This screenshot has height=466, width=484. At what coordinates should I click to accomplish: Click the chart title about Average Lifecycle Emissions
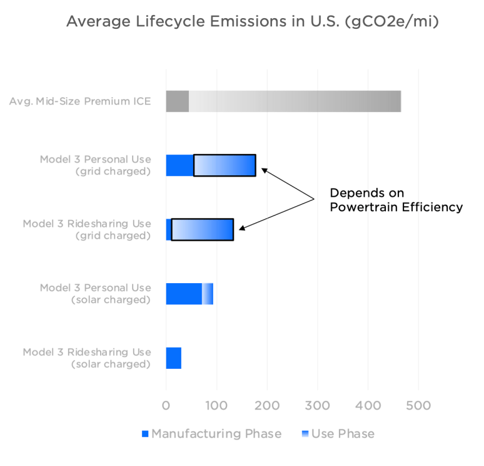(x=252, y=21)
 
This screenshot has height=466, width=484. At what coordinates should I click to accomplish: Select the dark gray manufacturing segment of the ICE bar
(x=177, y=101)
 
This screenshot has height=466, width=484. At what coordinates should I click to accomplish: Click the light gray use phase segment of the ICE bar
(x=295, y=101)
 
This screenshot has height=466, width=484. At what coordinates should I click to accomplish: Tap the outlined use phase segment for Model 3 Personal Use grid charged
(x=224, y=165)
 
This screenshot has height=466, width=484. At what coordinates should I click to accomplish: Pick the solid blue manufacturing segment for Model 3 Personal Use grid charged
(x=179, y=165)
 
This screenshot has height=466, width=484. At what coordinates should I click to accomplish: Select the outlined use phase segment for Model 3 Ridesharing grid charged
(x=202, y=230)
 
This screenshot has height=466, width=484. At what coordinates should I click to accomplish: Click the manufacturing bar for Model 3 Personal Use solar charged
(x=184, y=294)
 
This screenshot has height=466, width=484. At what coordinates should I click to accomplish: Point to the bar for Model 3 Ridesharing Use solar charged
(x=173, y=358)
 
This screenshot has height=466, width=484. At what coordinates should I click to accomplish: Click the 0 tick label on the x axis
(x=166, y=405)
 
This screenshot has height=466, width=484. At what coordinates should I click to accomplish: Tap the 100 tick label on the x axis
(x=216, y=405)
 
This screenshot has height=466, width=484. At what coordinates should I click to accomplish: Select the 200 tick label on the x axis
(x=267, y=405)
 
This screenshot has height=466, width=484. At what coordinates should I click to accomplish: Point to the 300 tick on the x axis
(x=318, y=405)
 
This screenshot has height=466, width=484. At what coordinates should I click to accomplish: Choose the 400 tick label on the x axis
(x=368, y=405)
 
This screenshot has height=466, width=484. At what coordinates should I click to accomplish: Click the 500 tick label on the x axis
(x=418, y=405)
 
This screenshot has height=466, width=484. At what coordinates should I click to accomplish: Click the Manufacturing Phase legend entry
(x=211, y=434)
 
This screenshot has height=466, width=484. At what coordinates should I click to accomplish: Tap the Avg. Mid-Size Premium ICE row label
(x=80, y=101)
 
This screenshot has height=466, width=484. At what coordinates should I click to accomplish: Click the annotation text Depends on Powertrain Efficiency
(x=396, y=199)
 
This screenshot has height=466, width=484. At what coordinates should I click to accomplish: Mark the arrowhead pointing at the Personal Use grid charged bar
(x=264, y=169)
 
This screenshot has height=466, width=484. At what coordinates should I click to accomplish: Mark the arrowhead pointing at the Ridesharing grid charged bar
(x=241, y=229)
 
